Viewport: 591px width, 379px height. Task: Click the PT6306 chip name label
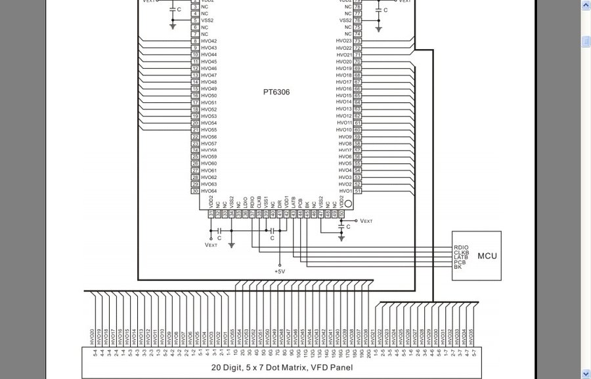[x=276, y=92]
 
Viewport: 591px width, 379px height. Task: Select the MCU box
[x=476, y=256]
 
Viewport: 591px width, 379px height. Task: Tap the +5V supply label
[x=280, y=271]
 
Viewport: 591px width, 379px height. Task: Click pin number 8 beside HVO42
[x=195, y=41]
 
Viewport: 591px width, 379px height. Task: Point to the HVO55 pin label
[x=209, y=130]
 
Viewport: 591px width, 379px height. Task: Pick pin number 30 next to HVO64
[x=195, y=191]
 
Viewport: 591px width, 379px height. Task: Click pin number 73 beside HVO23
[x=358, y=41]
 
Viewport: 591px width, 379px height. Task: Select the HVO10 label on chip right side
[x=344, y=130]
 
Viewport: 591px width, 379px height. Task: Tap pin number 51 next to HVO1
[x=358, y=191]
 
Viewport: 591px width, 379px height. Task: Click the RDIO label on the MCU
[x=461, y=247]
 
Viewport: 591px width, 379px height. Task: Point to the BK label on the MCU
[x=458, y=267]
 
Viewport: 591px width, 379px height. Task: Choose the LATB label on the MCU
[x=461, y=257]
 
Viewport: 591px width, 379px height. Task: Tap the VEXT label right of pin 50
[x=366, y=221]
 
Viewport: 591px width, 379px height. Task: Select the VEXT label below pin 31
[x=211, y=245]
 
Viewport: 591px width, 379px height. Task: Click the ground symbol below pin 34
[x=231, y=245]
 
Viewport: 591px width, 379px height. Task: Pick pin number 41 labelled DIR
[x=279, y=214]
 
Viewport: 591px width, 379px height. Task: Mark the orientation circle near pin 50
[x=349, y=205]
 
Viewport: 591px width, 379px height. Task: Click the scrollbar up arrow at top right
[x=586, y=5]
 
